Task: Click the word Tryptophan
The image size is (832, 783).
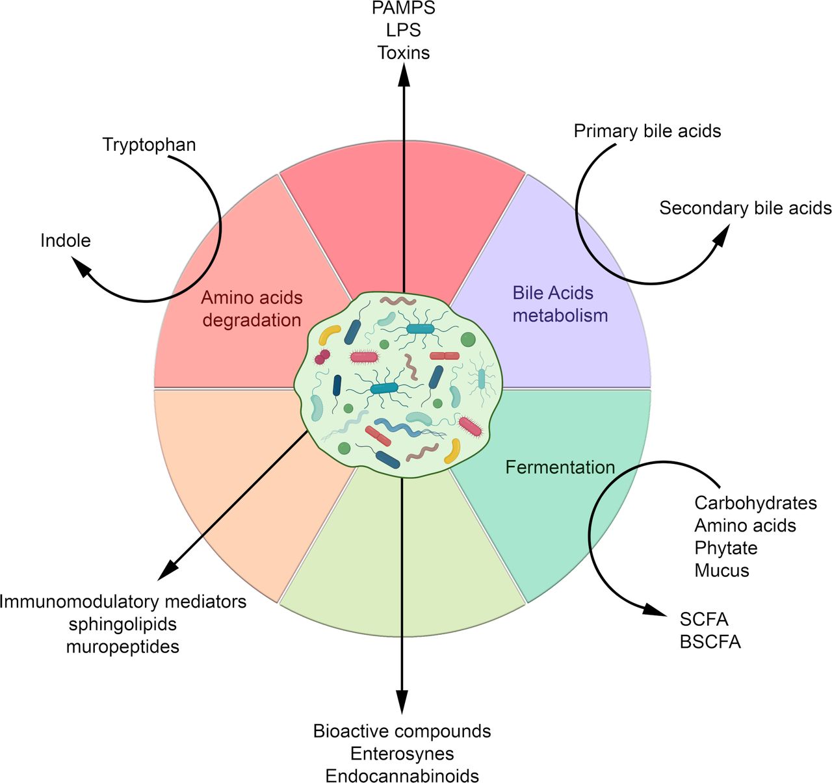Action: pos(149,145)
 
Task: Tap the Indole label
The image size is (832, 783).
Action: pos(66,240)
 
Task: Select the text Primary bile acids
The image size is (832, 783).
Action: pos(647,131)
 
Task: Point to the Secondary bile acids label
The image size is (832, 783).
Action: pos(746,208)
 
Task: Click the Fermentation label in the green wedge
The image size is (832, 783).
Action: pos(560,467)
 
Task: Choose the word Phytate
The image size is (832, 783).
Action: pos(726,548)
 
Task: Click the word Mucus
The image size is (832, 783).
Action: pos(721,571)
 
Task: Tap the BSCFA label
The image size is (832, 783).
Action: pos(710,642)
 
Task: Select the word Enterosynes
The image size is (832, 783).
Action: pos(402,754)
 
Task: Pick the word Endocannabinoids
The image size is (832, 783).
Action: pos(402,775)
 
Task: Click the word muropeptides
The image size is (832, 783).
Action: pos(123,647)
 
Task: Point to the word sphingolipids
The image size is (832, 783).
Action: pos(123,624)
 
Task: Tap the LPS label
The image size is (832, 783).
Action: pos(404,30)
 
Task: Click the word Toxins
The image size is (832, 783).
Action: pos(404,53)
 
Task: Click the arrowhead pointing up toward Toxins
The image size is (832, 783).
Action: pos(404,75)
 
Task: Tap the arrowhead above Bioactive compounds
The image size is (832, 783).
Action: pos(402,702)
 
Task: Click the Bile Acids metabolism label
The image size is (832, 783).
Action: pos(560,305)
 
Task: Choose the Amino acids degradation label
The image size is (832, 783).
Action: pos(252,309)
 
